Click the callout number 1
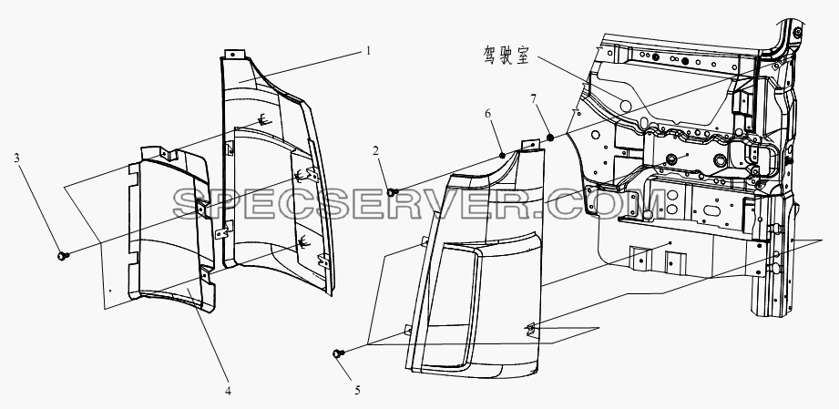point(368,51)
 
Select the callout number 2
point(375,151)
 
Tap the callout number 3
point(16,158)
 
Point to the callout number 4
point(228,391)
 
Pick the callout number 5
point(357,391)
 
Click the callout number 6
point(487,114)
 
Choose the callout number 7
point(533,98)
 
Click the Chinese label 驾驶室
point(506,56)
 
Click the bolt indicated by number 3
point(63,257)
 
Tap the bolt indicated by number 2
point(393,191)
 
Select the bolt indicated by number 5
point(338,353)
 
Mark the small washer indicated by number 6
point(503,156)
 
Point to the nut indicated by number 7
point(549,138)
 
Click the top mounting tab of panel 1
point(235,55)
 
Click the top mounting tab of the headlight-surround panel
point(529,146)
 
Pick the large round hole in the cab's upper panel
point(624,106)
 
